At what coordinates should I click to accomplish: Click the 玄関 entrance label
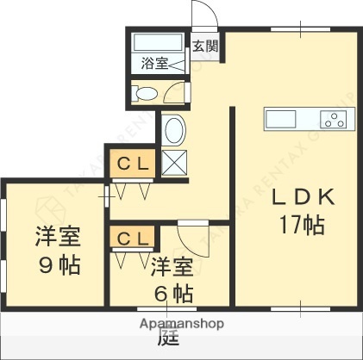point(203,47)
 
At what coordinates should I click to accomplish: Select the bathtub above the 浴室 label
point(158,42)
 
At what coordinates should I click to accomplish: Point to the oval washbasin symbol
point(173,132)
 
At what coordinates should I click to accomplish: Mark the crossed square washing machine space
point(173,163)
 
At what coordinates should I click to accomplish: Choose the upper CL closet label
point(131,162)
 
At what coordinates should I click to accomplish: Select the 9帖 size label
point(59,264)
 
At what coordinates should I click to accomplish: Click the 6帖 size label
point(172,291)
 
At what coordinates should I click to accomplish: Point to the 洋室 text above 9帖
point(59,236)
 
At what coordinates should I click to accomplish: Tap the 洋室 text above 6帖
point(172,264)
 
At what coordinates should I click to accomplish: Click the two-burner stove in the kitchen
point(332,119)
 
